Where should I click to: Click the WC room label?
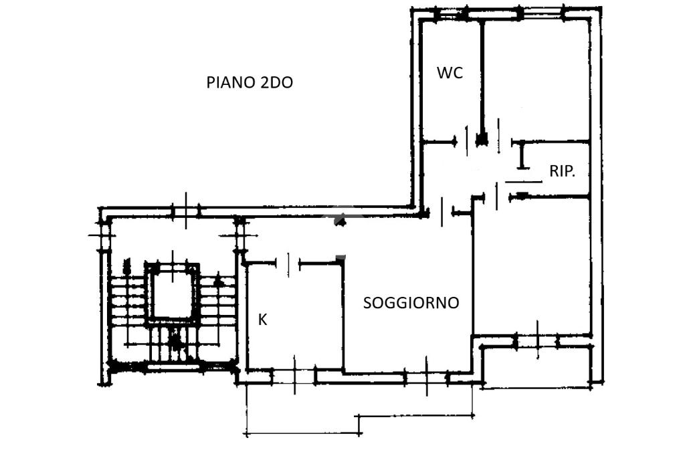(450, 72)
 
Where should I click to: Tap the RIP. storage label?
(562, 171)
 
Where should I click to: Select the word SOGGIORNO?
(411, 303)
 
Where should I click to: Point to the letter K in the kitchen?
(262, 320)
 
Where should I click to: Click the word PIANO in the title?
(231, 82)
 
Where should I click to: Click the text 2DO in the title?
(276, 82)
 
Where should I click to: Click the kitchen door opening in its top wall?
(288, 263)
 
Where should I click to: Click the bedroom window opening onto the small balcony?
(537, 341)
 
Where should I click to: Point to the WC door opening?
(468, 141)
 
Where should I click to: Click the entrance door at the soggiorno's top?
(442, 212)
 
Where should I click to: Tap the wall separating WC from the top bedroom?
(482, 79)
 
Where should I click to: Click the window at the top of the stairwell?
(186, 211)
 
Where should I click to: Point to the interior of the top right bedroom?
(537, 79)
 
